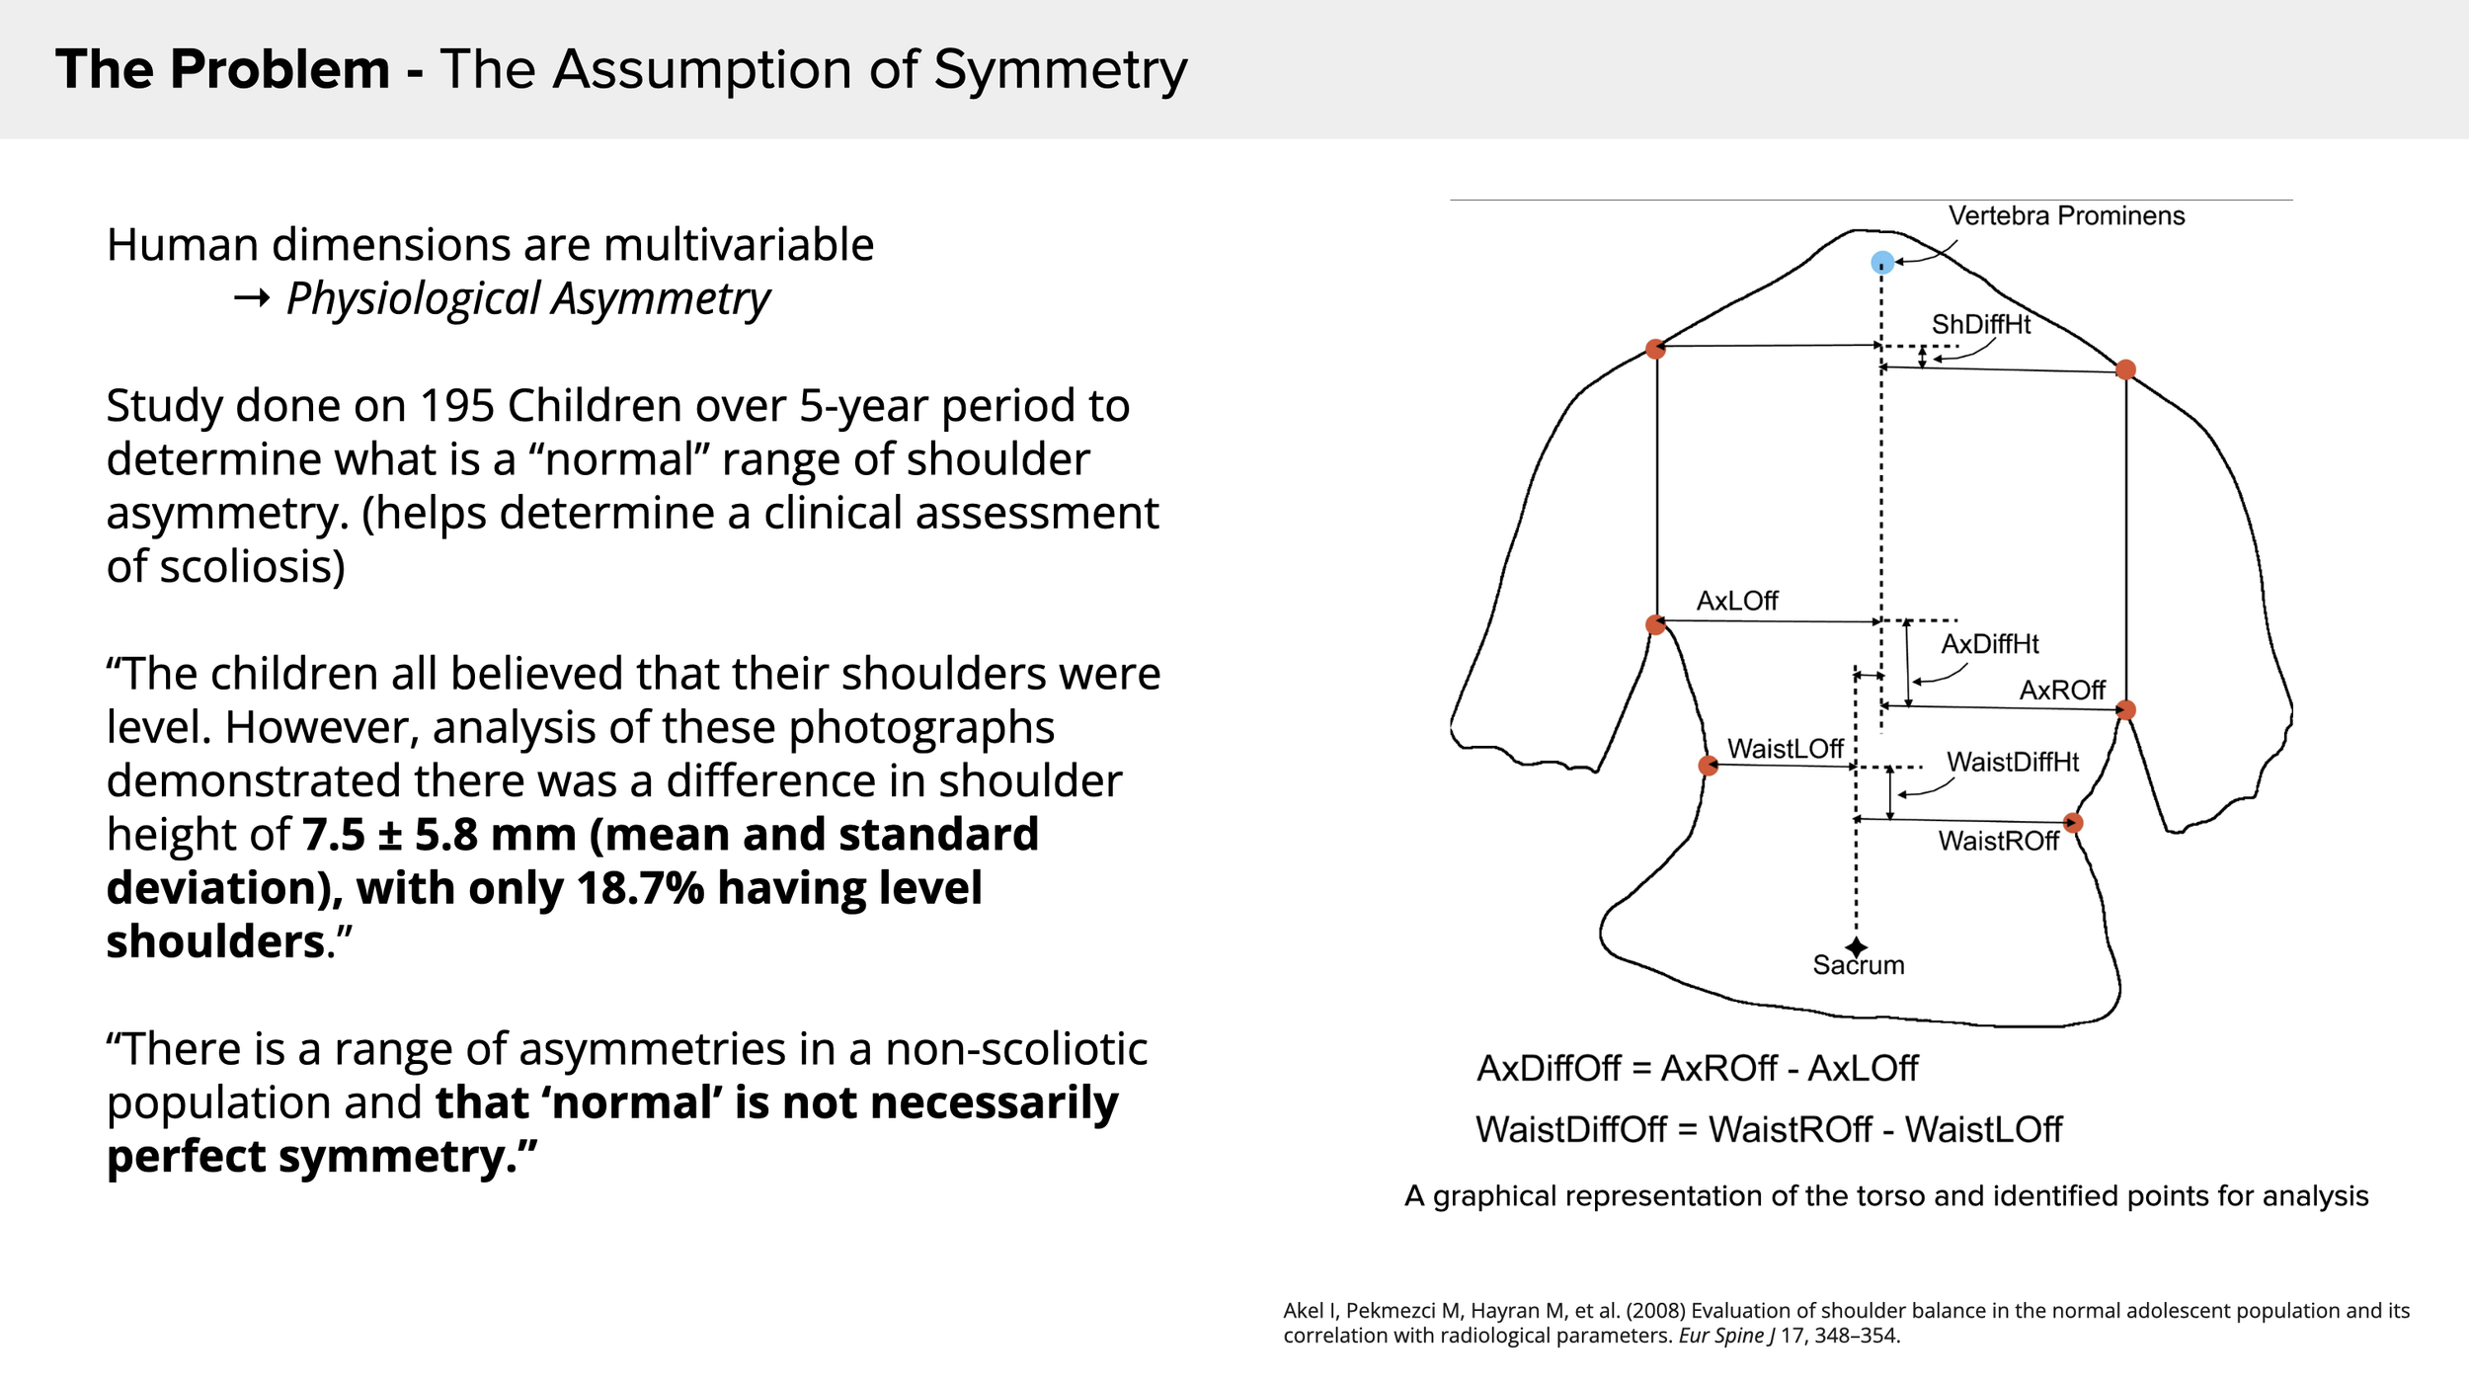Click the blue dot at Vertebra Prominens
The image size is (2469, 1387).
coord(1882,263)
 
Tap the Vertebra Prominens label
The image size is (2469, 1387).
coord(2066,215)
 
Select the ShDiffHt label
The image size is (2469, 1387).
coord(1981,324)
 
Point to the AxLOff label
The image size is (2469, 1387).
coord(1737,601)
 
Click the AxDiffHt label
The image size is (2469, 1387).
coord(1990,644)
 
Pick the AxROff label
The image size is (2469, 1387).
coord(2062,690)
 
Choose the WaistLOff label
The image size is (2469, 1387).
coord(1785,749)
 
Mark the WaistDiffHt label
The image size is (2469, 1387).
coord(2013,762)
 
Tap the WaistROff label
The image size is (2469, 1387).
coord(1998,841)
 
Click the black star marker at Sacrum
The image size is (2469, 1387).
coord(1857,947)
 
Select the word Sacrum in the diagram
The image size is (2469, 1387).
coord(1859,965)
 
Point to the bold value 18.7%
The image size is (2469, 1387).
coord(640,888)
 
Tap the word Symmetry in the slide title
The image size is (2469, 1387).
coord(1060,71)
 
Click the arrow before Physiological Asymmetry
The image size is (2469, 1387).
coord(252,298)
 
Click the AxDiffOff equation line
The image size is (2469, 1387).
coord(1697,1068)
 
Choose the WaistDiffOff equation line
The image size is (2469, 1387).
coord(1769,1129)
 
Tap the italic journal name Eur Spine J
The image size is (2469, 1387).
coord(1726,1336)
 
